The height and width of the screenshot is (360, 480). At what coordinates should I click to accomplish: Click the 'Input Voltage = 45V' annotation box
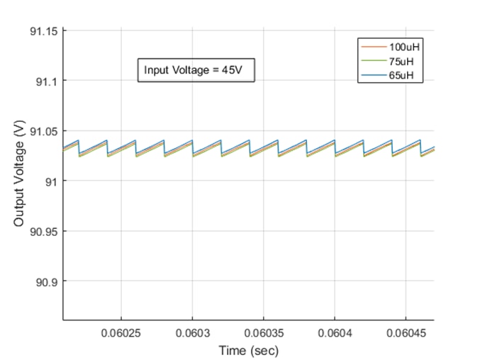click(195, 70)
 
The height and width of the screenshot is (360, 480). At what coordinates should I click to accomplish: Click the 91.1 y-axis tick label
click(48, 81)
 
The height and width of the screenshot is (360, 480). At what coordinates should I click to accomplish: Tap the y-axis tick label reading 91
click(52, 181)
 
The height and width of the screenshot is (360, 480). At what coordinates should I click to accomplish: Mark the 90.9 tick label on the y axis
click(48, 282)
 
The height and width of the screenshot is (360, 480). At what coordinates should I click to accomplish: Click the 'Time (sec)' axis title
click(248, 350)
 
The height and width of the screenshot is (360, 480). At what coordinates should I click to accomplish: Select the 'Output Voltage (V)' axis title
click(19, 174)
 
